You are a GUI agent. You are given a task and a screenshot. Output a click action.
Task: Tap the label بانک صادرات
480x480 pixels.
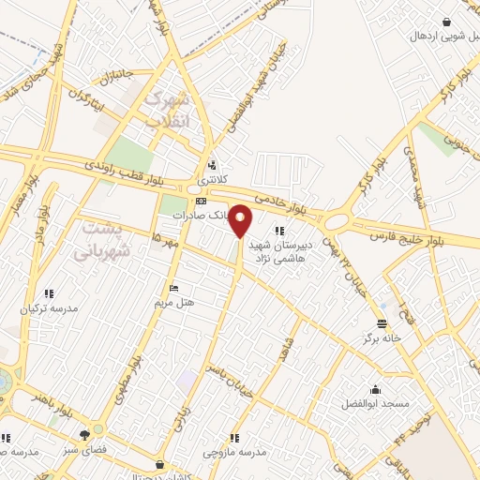click(200, 215)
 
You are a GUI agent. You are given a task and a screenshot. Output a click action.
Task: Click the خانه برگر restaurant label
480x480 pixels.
click(383, 337)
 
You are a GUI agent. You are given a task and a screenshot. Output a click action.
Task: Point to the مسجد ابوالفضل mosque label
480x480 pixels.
click(376, 403)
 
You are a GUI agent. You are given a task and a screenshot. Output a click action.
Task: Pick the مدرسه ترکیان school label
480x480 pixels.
click(51, 307)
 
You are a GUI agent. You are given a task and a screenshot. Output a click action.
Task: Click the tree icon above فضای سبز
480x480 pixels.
click(85, 435)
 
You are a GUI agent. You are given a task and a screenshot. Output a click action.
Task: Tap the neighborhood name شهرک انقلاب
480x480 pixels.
click(170, 110)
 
